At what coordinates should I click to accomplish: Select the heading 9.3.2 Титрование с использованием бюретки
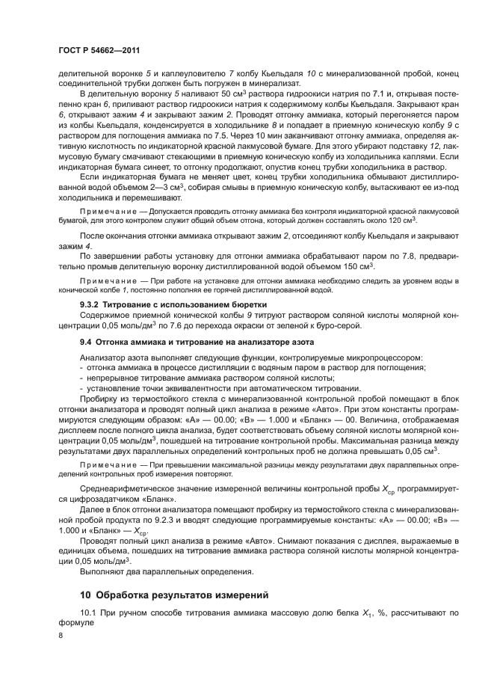pyautogui.click(x=157, y=304)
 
